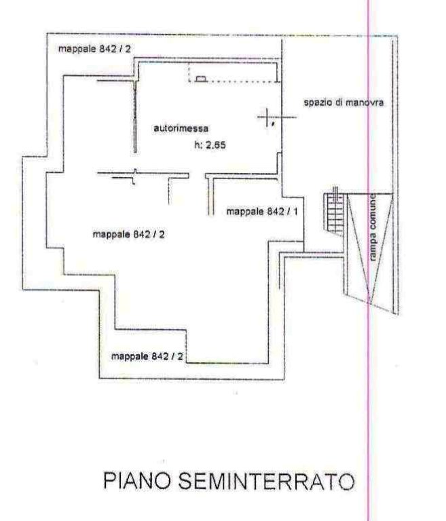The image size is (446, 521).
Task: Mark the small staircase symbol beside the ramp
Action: (x=333, y=211)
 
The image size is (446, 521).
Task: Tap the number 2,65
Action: (x=215, y=144)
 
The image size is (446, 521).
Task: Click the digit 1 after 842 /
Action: (x=297, y=212)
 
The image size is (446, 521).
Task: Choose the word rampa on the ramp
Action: (x=374, y=246)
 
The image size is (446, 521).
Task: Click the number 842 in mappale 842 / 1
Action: (x=275, y=212)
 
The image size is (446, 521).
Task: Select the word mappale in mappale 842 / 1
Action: (x=244, y=212)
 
